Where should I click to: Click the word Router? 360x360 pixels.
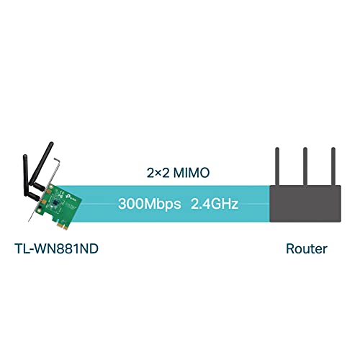tap(305, 249)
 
